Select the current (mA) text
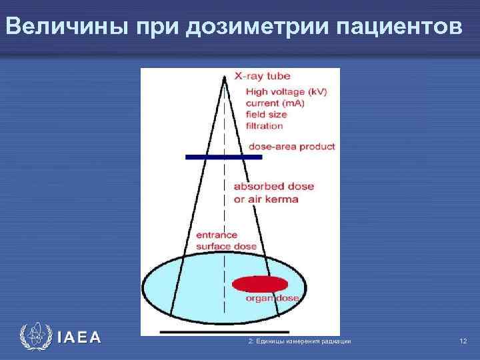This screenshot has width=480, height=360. click(x=276, y=103)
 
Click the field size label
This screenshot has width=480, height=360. click(x=267, y=114)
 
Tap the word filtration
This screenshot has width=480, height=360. click(x=265, y=125)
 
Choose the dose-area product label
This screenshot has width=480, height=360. click(x=291, y=147)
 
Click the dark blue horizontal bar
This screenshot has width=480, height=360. click(x=223, y=157)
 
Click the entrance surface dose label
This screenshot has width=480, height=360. click(x=226, y=240)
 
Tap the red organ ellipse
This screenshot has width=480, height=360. click(x=260, y=283)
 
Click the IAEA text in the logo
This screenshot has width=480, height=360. click(x=79, y=338)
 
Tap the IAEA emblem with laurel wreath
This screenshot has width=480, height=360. click(x=35, y=338)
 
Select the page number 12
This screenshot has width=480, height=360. click(x=463, y=341)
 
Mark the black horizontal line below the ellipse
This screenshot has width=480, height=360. click(x=224, y=331)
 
